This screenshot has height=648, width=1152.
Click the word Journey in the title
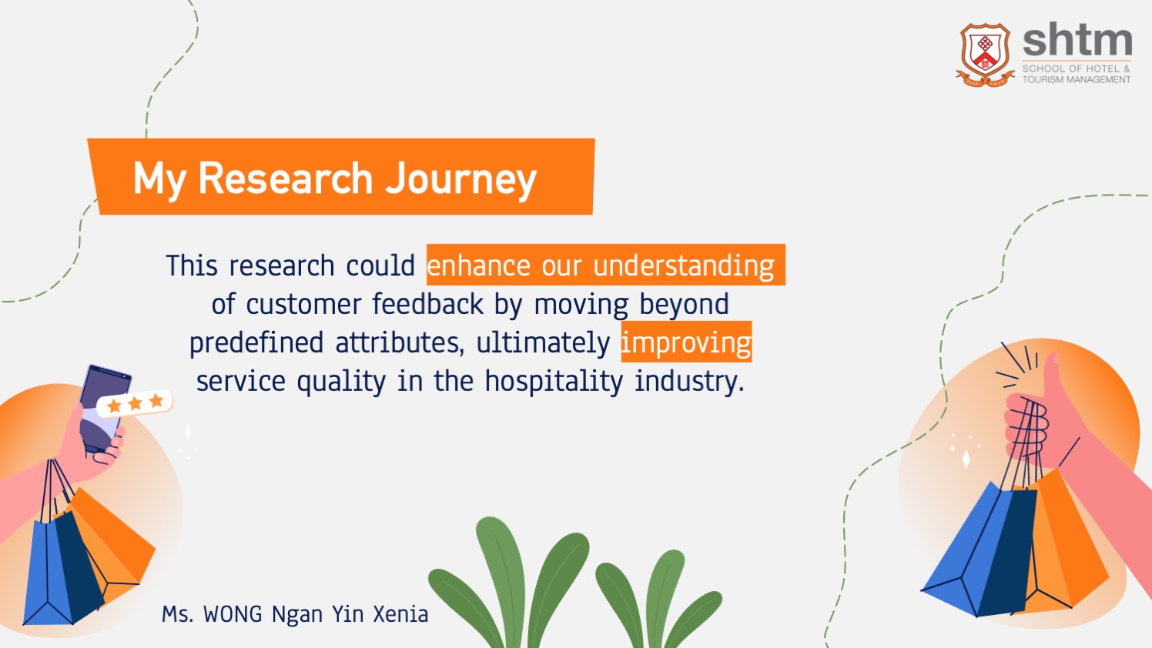coord(461,179)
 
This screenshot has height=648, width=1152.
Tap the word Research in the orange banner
coord(285,179)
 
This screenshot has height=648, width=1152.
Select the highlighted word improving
coord(686,343)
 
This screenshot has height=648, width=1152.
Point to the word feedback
coord(428,304)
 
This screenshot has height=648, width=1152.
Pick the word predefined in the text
coord(256,343)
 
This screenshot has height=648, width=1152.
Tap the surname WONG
coord(233,614)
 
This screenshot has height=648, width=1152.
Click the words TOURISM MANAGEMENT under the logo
coord(1077,79)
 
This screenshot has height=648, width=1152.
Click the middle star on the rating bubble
coord(135,402)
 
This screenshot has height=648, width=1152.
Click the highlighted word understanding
coord(684,266)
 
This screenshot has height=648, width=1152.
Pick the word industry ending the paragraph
coord(689,382)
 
